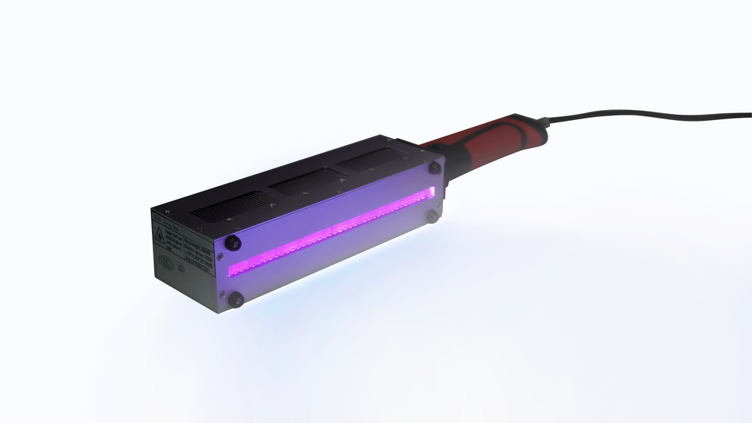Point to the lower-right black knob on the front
coord(431,217)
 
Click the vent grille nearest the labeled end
coord(228,204)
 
